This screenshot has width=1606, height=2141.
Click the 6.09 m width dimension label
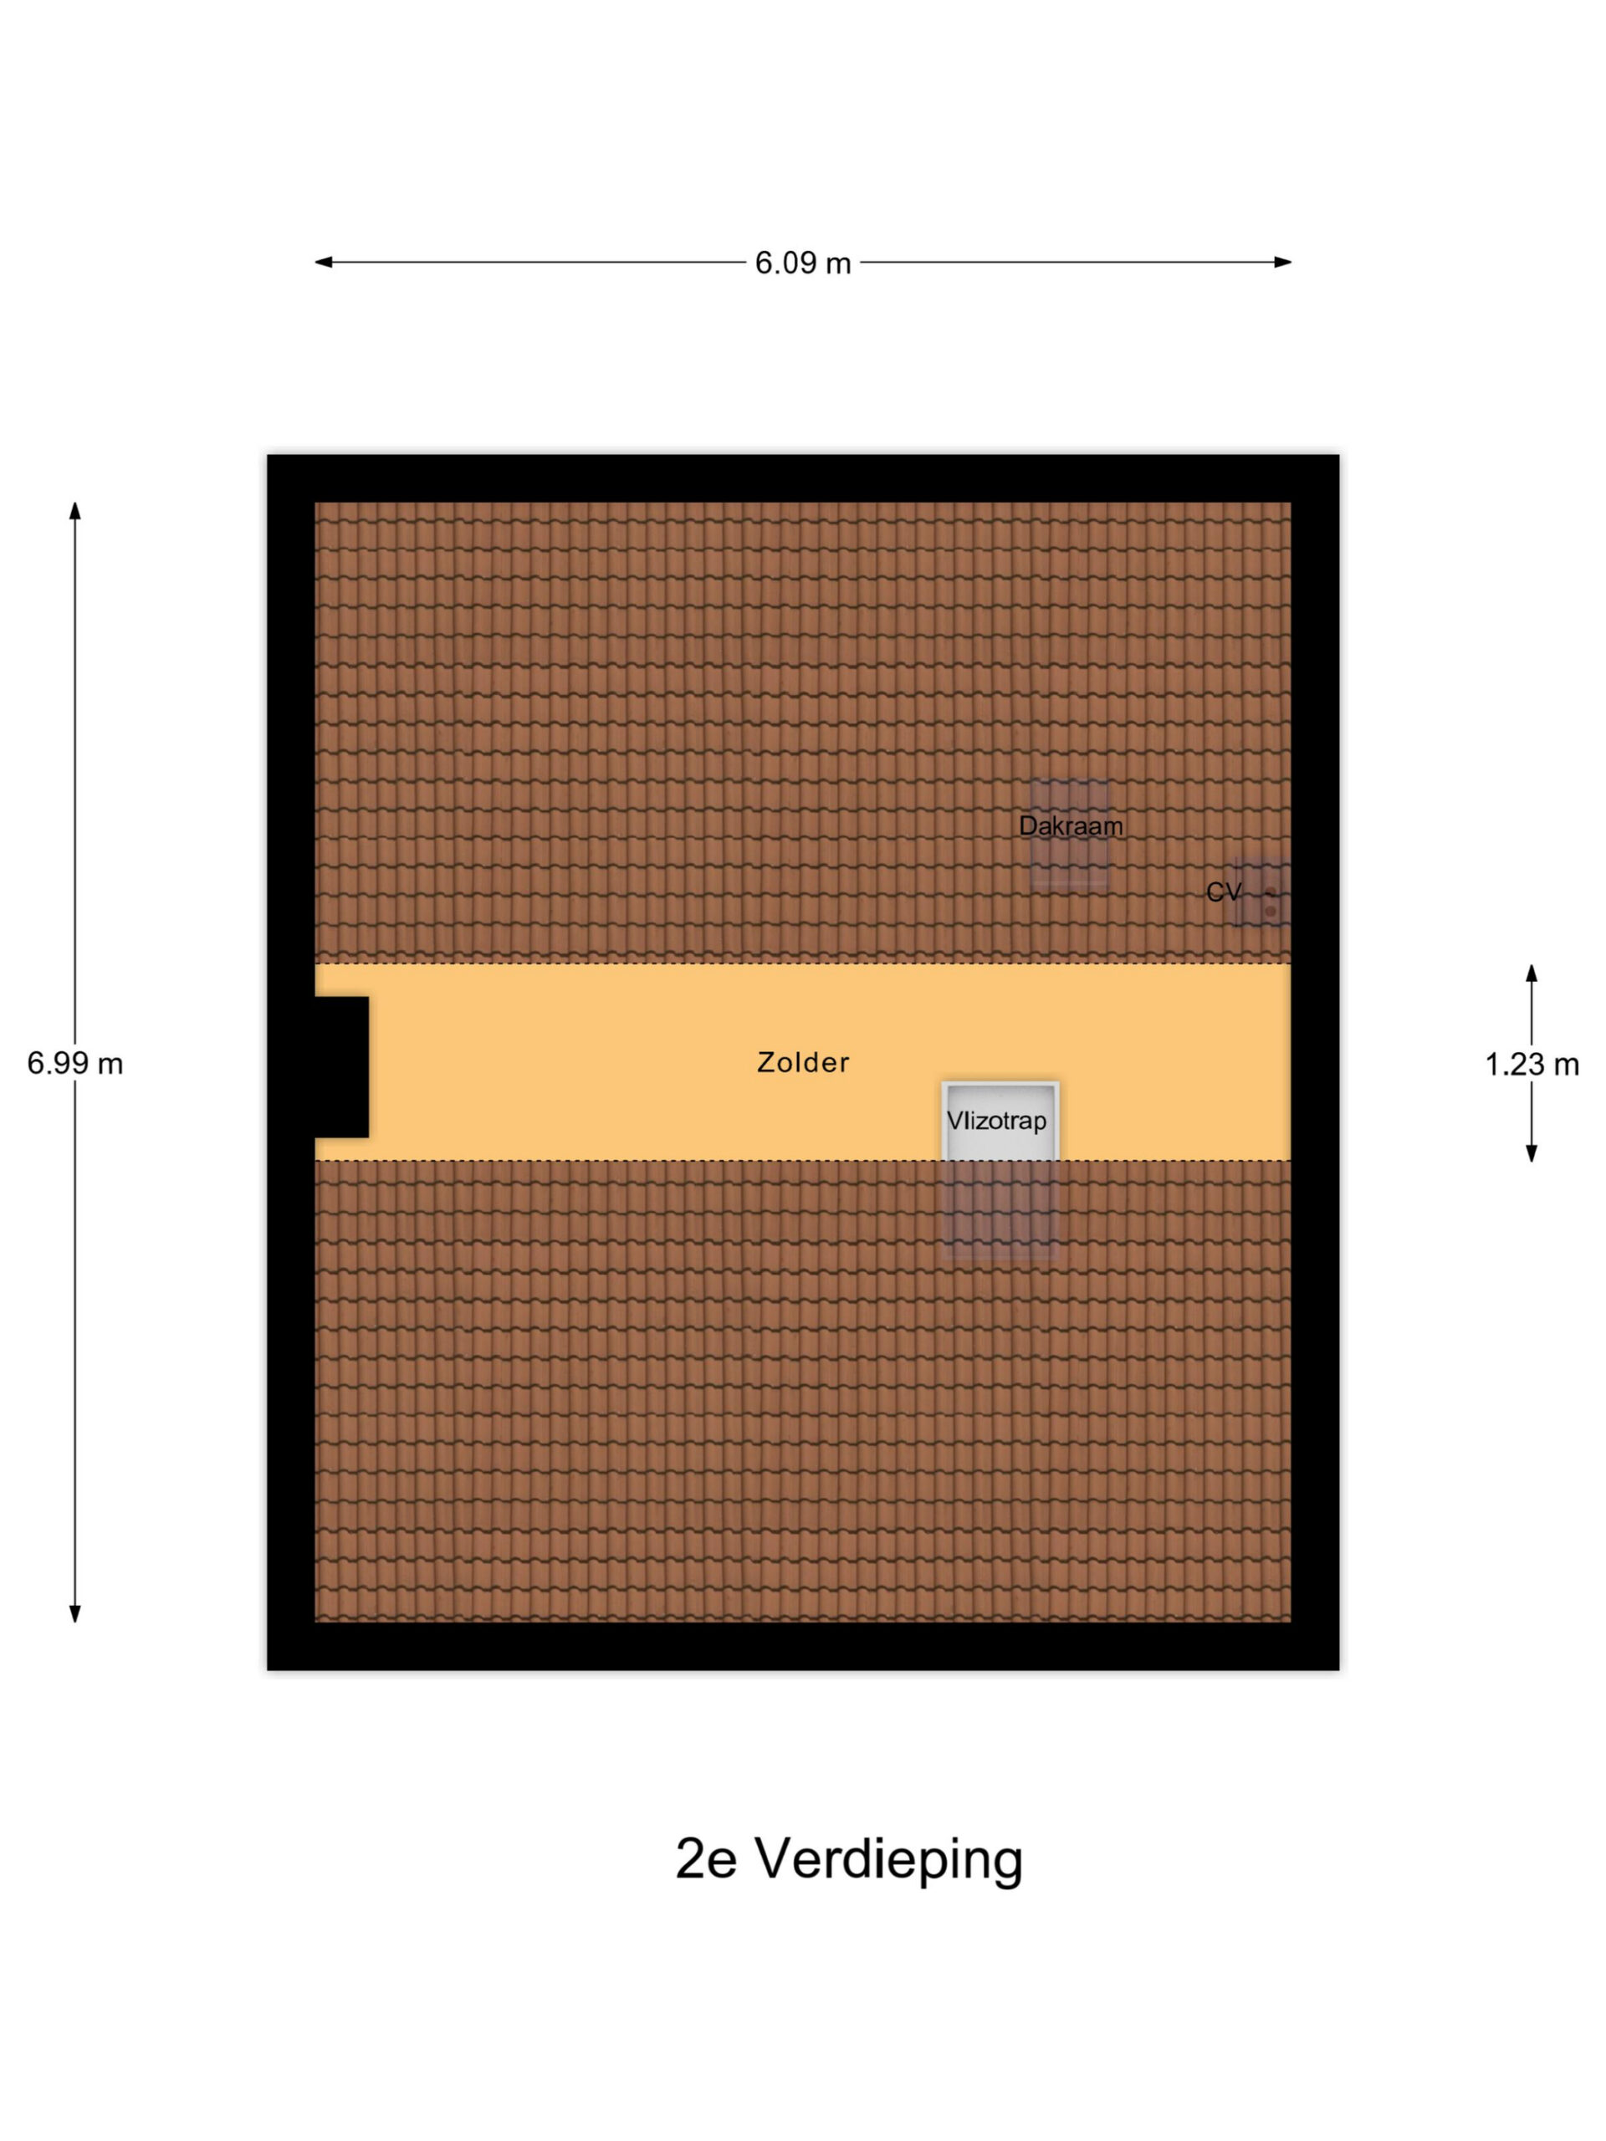pos(802,263)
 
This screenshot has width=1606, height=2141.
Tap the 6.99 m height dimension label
pos(74,1064)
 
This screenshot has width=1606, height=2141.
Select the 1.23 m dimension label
pos(1532,1065)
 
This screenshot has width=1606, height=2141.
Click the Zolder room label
pos(802,1062)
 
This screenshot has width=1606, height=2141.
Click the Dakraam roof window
pos(1070,833)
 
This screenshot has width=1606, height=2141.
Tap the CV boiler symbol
pos(1261,892)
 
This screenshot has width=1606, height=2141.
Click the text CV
pos(1223,892)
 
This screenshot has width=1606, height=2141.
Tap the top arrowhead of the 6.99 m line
pos(74,511)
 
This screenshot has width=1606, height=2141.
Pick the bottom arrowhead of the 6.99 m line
pos(74,1613)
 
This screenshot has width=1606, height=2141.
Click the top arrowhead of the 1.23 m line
pos(1532,973)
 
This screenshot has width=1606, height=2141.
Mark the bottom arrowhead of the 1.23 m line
pos(1532,1152)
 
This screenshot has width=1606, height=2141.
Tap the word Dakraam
pos(1071,825)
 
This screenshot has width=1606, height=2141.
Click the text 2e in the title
pos(706,1859)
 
